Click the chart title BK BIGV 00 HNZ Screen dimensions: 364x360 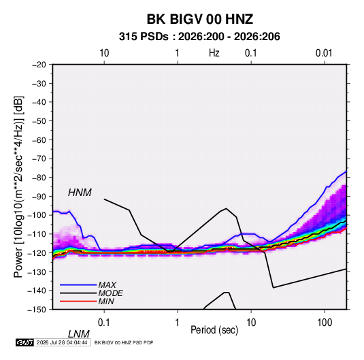coord(200,19)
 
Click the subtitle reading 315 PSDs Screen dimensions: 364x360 coord(144,37)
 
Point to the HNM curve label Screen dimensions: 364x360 coord(80,193)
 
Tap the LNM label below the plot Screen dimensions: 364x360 coord(78,334)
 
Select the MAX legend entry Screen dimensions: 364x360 coord(107,284)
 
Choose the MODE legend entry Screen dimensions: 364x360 coord(110,293)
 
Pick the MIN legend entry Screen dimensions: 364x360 coord(106,301)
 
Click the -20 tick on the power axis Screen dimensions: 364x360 coord(39,65)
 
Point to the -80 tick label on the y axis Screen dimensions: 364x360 coord(39,178)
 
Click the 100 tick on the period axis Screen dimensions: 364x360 coord(325,323)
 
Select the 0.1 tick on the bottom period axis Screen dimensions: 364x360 coord(104,323)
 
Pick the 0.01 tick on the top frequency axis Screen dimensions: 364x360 coord(324,53)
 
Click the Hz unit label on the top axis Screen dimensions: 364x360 coord(214,53)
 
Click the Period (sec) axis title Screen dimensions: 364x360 coord(214,330)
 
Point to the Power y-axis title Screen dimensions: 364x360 coord(18,187)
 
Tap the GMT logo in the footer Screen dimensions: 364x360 coord(24,342)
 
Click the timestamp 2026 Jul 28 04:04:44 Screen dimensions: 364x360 coord(62,342)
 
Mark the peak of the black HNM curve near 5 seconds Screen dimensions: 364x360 coord(226,208)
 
